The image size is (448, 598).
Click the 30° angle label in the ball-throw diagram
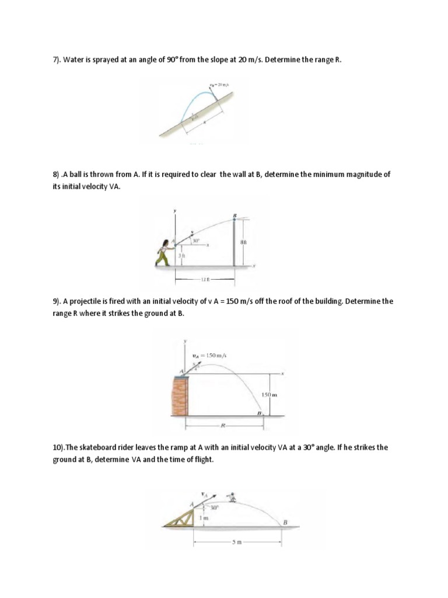[197, 241]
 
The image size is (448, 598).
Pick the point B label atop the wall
[235, 215]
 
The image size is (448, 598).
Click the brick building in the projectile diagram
[179, 395]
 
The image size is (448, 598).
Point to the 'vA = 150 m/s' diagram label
[209, 355]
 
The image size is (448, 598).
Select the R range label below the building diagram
[223, 425]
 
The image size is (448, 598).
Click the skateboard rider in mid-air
[233, 497]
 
